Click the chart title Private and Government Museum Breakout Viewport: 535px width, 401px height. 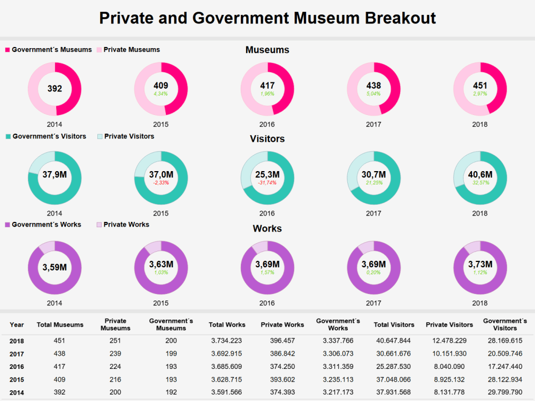pyautogui.click(x=267, y=18)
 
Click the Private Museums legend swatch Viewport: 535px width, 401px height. pyautogui.click(x=100, y=50)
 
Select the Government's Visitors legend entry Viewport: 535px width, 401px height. pyautogui.click(x=46, y=136)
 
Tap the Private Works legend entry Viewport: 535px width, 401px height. pyautogui.click(x=123, y=225)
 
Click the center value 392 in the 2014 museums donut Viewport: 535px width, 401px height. pyautogui.click(x=55, y=89)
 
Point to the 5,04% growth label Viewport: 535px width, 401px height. pyautogui.click(x=373, y=94)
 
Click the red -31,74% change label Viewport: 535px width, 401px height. pyautogui.click(x=267, y=183)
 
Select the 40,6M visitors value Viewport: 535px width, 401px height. pyautogui.click(x=480, y=175)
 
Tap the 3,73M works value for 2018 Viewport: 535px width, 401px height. pyautogui.click(x=480, y=264)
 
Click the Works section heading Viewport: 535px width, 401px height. pyautogui.click(x=267, y=228)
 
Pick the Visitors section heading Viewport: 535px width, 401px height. pyautogui.click(x=267, y=139)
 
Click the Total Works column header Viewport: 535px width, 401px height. pyautogui.click(x=227, y=325)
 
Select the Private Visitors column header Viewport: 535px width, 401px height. pyautogui.click(x=449, y=325)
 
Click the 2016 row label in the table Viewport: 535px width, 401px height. pyautogui.click(x=17, y=367)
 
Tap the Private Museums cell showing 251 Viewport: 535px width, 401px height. pyautogui.click(x=116, y=341)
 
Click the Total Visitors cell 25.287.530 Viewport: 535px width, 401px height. pyautogui.click(x=393, y=367)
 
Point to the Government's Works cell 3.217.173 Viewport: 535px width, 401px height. pyautogui.click(x=338, y=392)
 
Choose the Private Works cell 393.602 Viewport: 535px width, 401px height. pyautogui.click(x=282, y=380)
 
